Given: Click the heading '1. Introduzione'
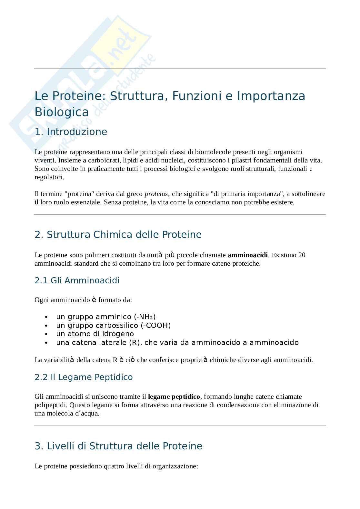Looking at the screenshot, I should tap(71, 132).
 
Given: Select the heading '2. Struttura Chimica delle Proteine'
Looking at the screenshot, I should tap(118, 234).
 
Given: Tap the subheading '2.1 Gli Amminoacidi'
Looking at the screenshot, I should tap(77, 280).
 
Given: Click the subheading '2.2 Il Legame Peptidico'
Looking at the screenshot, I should tap(84, 377).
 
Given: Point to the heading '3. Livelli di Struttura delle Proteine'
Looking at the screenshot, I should tap(118, 446).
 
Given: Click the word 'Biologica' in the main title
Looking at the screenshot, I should tap(62, 112).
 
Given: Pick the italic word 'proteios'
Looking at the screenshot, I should tap(156, 194).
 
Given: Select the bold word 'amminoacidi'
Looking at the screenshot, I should tap(248, 255).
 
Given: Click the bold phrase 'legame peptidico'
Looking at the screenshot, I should tap(174, 396).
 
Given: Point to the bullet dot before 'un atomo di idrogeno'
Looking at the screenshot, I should tap(47, 334).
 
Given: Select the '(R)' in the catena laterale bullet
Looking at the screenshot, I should tap(135, 342).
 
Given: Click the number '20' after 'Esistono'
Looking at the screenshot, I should tap(302, 255).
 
